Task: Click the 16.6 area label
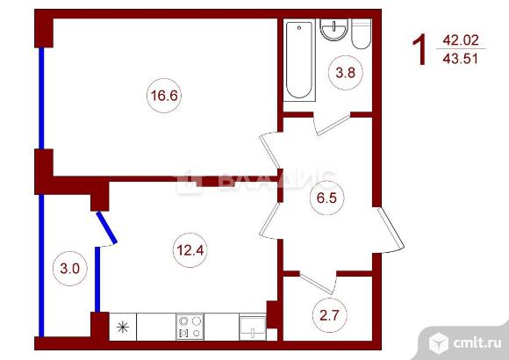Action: tap(164, 96)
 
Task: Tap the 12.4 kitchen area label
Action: tap(190, 250)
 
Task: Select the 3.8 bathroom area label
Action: tap(346, 73)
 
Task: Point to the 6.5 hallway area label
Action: tap(326, 198)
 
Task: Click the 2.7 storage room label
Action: tap(329, 315)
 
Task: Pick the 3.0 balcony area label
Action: tap(70, 269)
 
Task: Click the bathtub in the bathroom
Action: tap(299, 61)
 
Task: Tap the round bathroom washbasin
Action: tap(333, 30)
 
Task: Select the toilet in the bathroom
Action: tap(362, 33)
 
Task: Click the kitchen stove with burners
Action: tap(190, 327)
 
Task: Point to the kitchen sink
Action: tap(253, 328)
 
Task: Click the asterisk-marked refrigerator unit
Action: tap(123, 327)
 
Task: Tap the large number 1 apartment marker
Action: tap(419, 50)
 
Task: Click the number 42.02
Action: tap(461, 40)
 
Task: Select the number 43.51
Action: tap(461, 59)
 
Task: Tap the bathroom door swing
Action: tap(333, 124)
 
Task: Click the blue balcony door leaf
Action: tap(106, 227)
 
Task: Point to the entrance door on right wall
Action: tap(391, 230)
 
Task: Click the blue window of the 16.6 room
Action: tap(41, 98)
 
